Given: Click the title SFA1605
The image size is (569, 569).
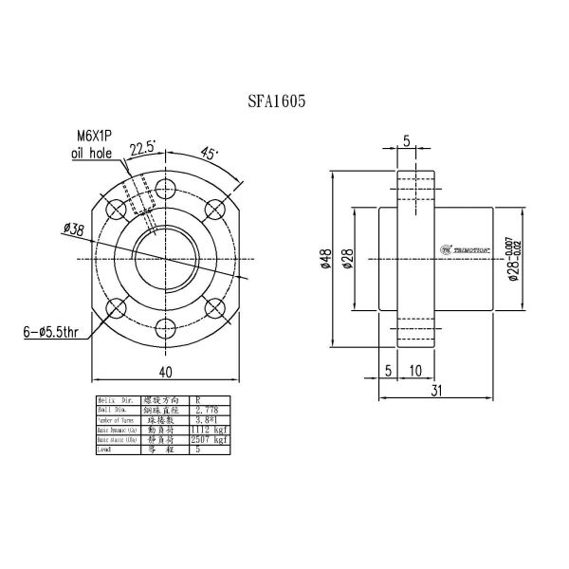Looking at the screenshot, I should click(275, 99).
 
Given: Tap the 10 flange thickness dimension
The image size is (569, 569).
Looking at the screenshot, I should click(416, 370).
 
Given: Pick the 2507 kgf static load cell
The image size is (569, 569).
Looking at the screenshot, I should click(208, 440).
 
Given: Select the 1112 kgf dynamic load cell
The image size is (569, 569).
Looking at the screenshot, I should click(208, 431).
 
